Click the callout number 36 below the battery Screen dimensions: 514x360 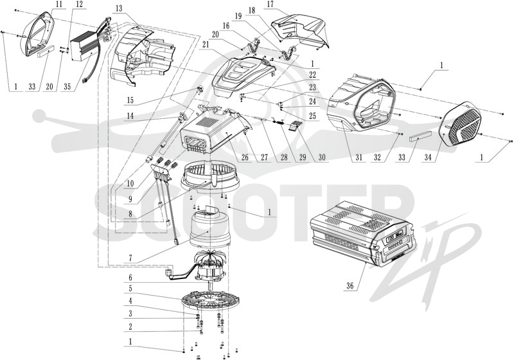coord(350,285)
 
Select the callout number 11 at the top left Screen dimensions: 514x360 coord(59,5)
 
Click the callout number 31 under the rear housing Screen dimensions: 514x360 coord(359,157)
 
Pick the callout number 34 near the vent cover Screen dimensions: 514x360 coord(428,157)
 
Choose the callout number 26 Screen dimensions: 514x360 coord(245,157)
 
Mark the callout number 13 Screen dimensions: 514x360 coord(119,8)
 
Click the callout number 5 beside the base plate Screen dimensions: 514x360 coord(130,289)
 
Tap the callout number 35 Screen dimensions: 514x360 coord(67,87)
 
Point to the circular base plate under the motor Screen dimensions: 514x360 coord(211,300)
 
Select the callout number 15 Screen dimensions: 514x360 coord(130,100)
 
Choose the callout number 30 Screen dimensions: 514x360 coord(322,157)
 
